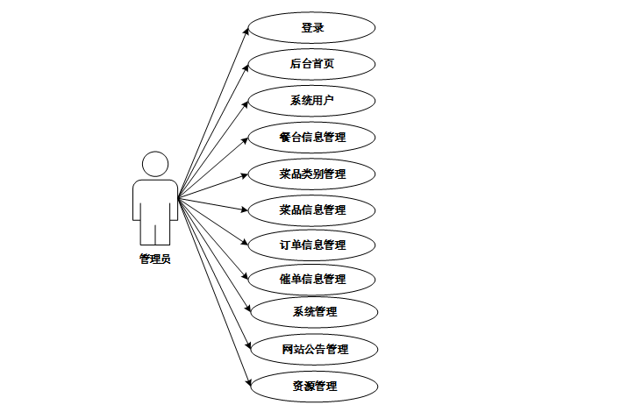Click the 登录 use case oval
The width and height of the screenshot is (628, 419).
(312, 27)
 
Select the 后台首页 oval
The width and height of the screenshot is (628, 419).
(312, 64)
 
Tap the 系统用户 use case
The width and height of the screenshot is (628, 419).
(312, 100)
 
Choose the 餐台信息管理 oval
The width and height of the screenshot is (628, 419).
(312, 137)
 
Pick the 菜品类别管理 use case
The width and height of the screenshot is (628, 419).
(312, 174)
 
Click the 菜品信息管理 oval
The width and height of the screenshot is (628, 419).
(312, 209)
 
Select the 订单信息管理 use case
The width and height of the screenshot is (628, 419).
(312, 245)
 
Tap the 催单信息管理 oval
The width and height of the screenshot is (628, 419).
(312, 279)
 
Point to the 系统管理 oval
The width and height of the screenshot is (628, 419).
(314, 311)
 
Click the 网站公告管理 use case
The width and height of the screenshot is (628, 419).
(314, 350)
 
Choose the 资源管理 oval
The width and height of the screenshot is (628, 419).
(314, 386)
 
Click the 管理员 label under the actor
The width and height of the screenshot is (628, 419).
(154, 259)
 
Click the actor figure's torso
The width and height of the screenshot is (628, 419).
(155, 202)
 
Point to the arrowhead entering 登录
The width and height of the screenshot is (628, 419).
(247, 30)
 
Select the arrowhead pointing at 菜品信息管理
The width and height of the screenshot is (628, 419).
(246, 209)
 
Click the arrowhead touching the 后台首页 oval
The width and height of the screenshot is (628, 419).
(246, 67)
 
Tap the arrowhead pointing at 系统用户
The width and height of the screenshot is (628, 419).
(246, 102)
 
